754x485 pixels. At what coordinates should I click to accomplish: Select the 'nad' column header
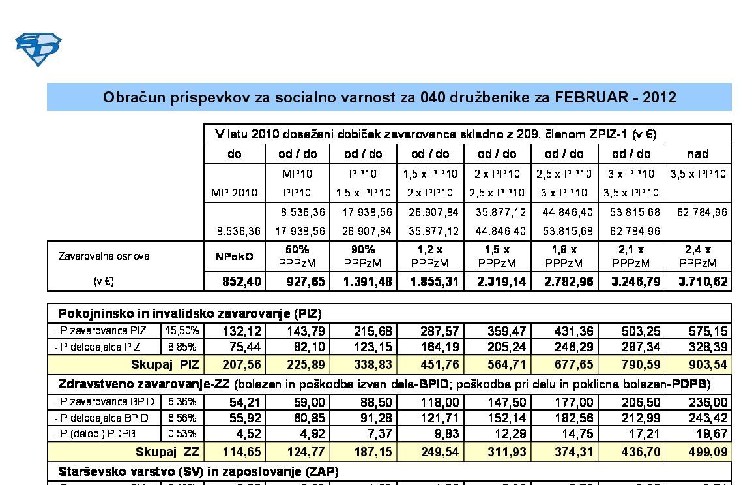click(698, 154)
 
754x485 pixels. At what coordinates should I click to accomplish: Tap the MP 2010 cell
click(235, 193)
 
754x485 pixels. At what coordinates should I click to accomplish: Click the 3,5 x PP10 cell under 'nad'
click(698, 174)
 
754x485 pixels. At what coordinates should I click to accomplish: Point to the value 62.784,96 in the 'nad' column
click(698, 212)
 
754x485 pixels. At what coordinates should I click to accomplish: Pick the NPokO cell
click(235, 257)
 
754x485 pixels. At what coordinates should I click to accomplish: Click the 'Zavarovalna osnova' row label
click(104, 256)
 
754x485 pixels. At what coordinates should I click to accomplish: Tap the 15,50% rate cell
click(182, 331)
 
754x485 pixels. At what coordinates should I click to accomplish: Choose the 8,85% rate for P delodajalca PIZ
click(182, 347)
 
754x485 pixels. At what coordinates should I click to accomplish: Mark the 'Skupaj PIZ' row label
click(165, 364)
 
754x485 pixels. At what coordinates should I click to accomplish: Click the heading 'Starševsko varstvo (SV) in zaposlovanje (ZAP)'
click(198, 471)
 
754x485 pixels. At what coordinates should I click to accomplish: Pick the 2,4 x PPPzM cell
click(698, 257)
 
